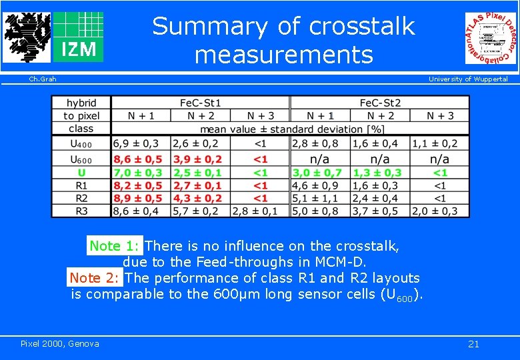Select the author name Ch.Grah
click(x=42, y=79)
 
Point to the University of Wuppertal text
click(x=467, y=79)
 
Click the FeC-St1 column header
click(x=200, y=103)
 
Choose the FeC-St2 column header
click(x=380, y=103)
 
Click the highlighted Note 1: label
click(x=114, y=246)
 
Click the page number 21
click(x=473, y=344)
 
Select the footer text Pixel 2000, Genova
click(x=60, y=343)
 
